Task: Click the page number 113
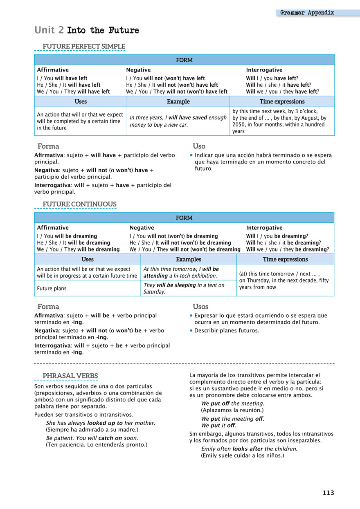tap(328, 493)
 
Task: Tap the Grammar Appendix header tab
tap(307, 13)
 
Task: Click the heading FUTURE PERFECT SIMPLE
tap(84, 46)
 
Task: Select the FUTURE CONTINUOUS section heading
tap(79, 204)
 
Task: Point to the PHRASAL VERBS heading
tap(70, 376)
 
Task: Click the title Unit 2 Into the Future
tap(87, 30)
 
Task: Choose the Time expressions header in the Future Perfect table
tap(282, 101)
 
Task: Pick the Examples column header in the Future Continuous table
tap(188, 259)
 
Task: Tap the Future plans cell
tap(52, 288)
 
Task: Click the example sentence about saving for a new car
tap(178, 121)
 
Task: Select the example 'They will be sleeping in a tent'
tap(184, 288)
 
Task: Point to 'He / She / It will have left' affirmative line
tap(69, 85)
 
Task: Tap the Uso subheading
tap(199, 146)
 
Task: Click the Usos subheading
tap(200, 306)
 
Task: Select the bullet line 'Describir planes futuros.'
tap(227, 330)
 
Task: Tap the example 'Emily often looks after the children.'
tap(249, 448)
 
